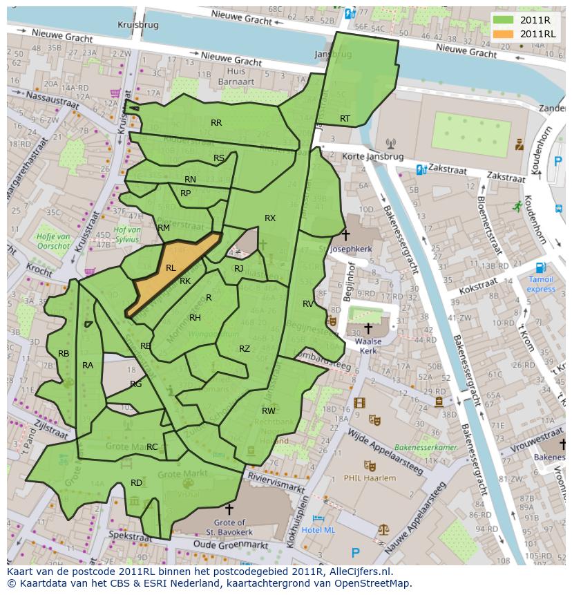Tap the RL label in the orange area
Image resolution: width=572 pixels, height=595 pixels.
pyautogui.click(x=171, y=267)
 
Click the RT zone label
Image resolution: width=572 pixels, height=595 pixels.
pyautogui.click(x=345, y=119)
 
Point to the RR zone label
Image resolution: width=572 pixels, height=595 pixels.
pyautogui.click(x=216, y=123)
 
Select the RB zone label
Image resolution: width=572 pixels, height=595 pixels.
pyautogui.click(x=64, y=354)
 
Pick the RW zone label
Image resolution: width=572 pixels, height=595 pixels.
pyautogui.click(x=269, y=410)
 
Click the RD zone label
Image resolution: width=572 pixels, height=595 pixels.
pyautogui.click(x=136, y=482)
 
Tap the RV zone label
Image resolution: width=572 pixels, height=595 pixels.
pyautogui.click(x=308, y=303)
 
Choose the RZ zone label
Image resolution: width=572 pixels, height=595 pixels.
pyautogui.click(x=245, y=349)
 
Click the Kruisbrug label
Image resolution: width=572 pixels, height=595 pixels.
pyautogui.click(x=138, y=24)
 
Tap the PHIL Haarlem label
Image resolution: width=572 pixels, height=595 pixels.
pyautogui.click(x=370, y=478)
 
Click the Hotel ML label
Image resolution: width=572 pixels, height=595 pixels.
pyautogui.click(x=318, y=529)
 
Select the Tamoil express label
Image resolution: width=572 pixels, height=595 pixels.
pyautogui.click(x=541, y=284)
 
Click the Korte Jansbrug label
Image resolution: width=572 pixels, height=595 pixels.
pyautogui.click(x=358, y=157)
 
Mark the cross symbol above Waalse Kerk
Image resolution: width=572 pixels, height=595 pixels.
pyautogui.click(x=368, y=328)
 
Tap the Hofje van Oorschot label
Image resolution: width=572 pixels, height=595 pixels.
pyautogui.click(x=53, y=240)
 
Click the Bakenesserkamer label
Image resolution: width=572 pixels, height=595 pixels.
pyautogui.click(x=426, y=448)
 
